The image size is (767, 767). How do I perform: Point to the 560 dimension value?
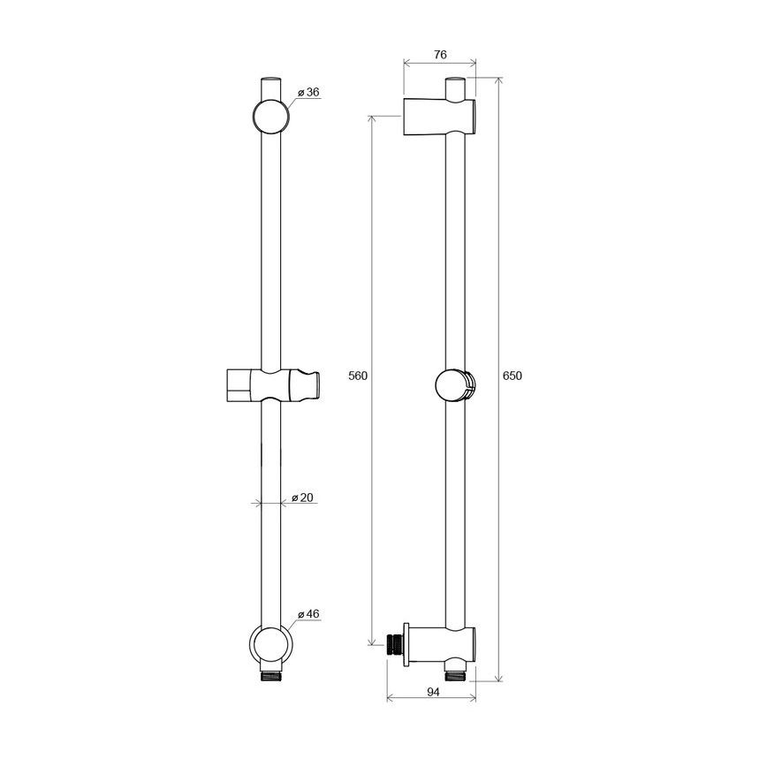357,376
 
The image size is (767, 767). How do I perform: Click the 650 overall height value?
513,376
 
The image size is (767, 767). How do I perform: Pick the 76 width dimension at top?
439,55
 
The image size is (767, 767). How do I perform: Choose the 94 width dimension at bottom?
431,694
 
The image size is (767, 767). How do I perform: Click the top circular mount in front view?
271,117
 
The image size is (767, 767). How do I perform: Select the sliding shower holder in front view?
270,386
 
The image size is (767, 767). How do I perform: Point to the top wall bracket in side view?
439,117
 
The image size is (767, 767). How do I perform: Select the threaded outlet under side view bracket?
456,675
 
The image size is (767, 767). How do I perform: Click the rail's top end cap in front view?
271,88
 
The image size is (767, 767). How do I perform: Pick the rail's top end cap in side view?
455,88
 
